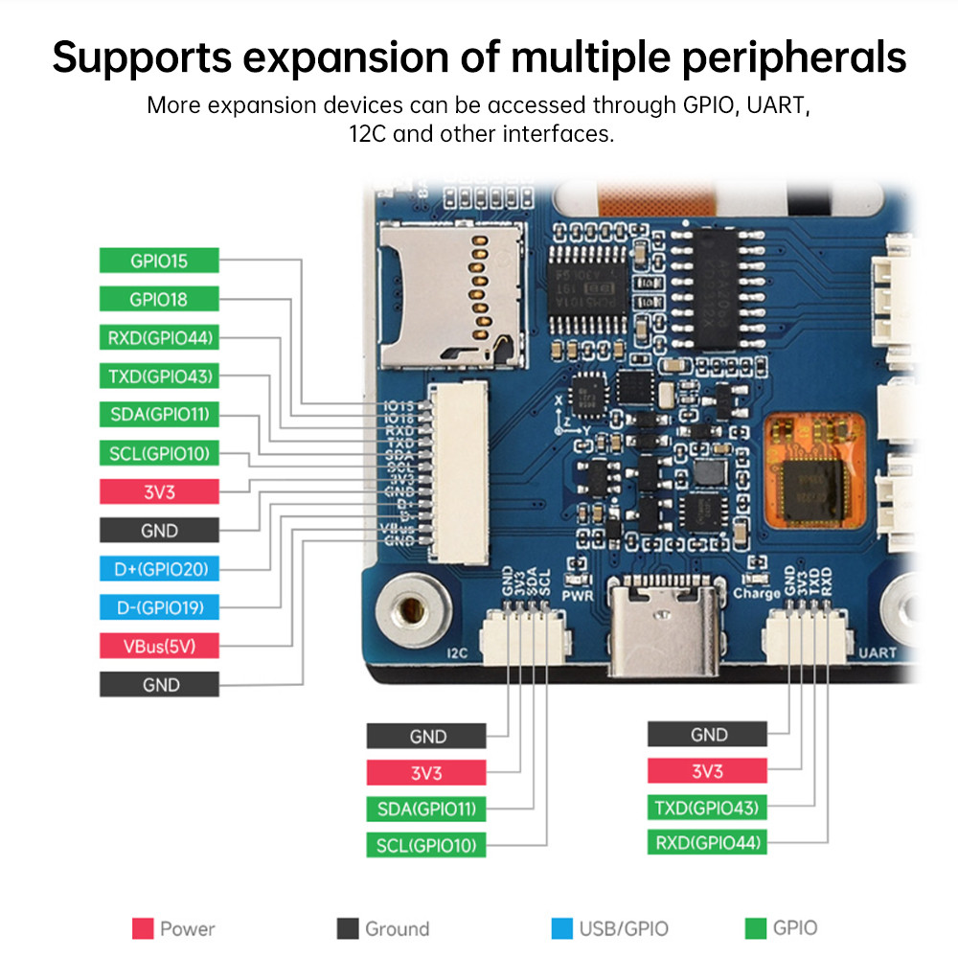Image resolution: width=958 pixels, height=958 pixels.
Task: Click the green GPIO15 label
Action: tap(159, 261)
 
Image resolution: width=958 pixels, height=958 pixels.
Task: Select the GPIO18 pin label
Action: tap(159, 299)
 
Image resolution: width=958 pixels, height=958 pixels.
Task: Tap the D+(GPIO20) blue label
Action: tap(159, 569)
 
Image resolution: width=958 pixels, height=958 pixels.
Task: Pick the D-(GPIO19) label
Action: tap(159, 607)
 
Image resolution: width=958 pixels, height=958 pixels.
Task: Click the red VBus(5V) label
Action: tap(159, 646)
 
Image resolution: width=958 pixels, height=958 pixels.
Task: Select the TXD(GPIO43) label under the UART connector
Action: tap(707, 808)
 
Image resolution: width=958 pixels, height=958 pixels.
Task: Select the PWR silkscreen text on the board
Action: tap(578, 596)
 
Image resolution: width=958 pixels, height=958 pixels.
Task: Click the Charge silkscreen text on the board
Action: tap(757, 594)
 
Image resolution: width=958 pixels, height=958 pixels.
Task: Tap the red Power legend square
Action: tap(143, 928)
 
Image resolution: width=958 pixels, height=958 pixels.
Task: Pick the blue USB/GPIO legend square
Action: tap(562, 928)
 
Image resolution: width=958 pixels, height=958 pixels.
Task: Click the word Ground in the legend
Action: tap(397, 928)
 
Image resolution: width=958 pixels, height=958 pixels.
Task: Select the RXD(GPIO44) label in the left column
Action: tap(159, 337)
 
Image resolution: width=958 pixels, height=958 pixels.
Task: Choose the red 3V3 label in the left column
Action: tap(159, 491)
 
